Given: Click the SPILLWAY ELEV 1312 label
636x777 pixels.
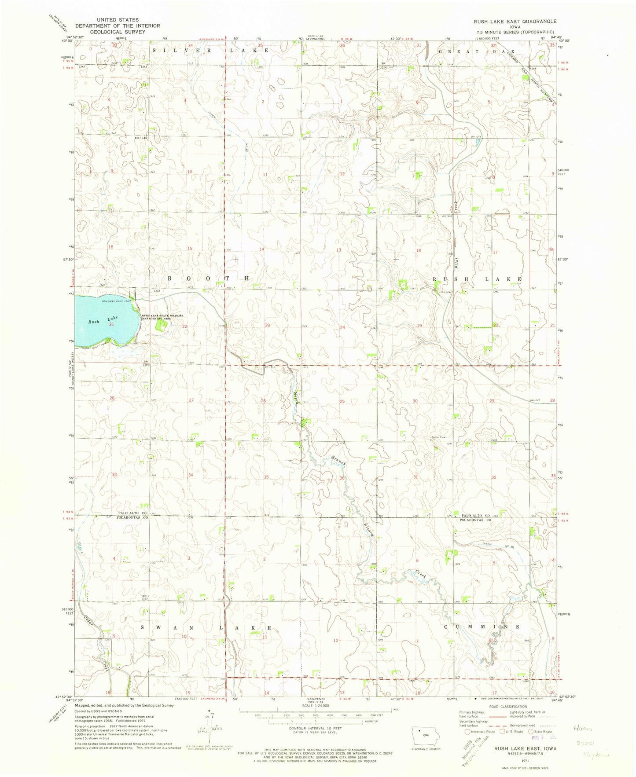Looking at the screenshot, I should click(x=116, y=301).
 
